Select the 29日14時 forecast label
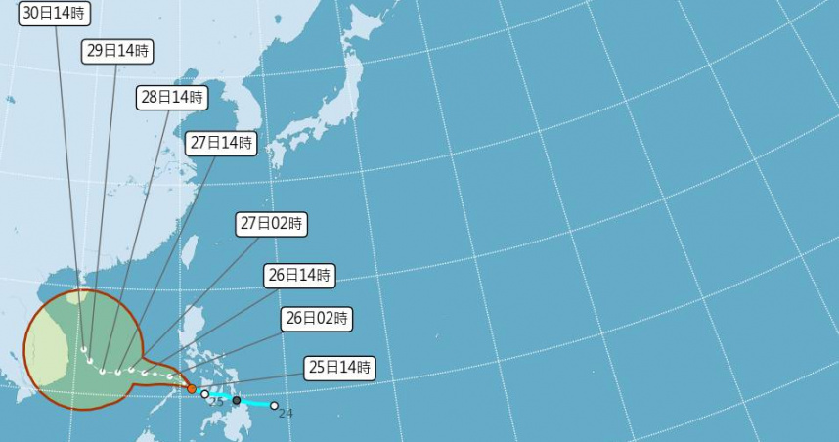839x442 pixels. [116, 52]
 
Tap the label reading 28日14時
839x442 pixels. [171, 98]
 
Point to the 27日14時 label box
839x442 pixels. [222, 143]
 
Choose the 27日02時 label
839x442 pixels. [272, 224]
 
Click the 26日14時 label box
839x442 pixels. [299, 276]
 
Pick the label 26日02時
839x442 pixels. [317, 318]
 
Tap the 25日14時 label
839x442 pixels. [339, 368]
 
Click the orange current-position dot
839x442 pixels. [192, 389]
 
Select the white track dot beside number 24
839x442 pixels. [274, 405]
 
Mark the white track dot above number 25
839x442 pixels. [205, 394]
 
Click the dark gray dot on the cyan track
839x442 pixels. [237, 400]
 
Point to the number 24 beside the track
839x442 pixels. [286, 414]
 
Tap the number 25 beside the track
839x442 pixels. [217, 403]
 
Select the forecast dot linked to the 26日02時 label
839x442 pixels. [170, 376]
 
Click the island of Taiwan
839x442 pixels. [190, 250]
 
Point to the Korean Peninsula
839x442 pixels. [235, 108]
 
